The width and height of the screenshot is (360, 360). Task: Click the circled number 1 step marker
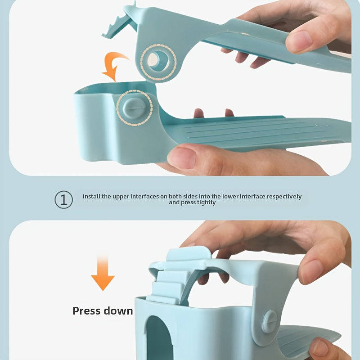pyautogui.click(x=63, y=199)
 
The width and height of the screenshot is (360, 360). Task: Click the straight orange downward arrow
pyautogui.click(x=103, y=273)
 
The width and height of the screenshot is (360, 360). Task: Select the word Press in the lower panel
pyautogui.click(x=86, y=311)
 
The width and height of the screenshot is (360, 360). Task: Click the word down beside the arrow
pyautogui.click(x=118, y=311)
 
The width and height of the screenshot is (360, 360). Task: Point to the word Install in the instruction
pyautogui.click(x=91, y=197)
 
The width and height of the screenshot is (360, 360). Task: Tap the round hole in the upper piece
pyautogui.click(x=158, y=61)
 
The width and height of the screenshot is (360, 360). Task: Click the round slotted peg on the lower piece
pyautogui.click(x=134, y=108)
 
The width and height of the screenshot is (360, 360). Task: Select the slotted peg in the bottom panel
pyautogui.click(x=269, y=321)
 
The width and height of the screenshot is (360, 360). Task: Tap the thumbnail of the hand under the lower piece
pyautogui.click(x=182, y=158)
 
